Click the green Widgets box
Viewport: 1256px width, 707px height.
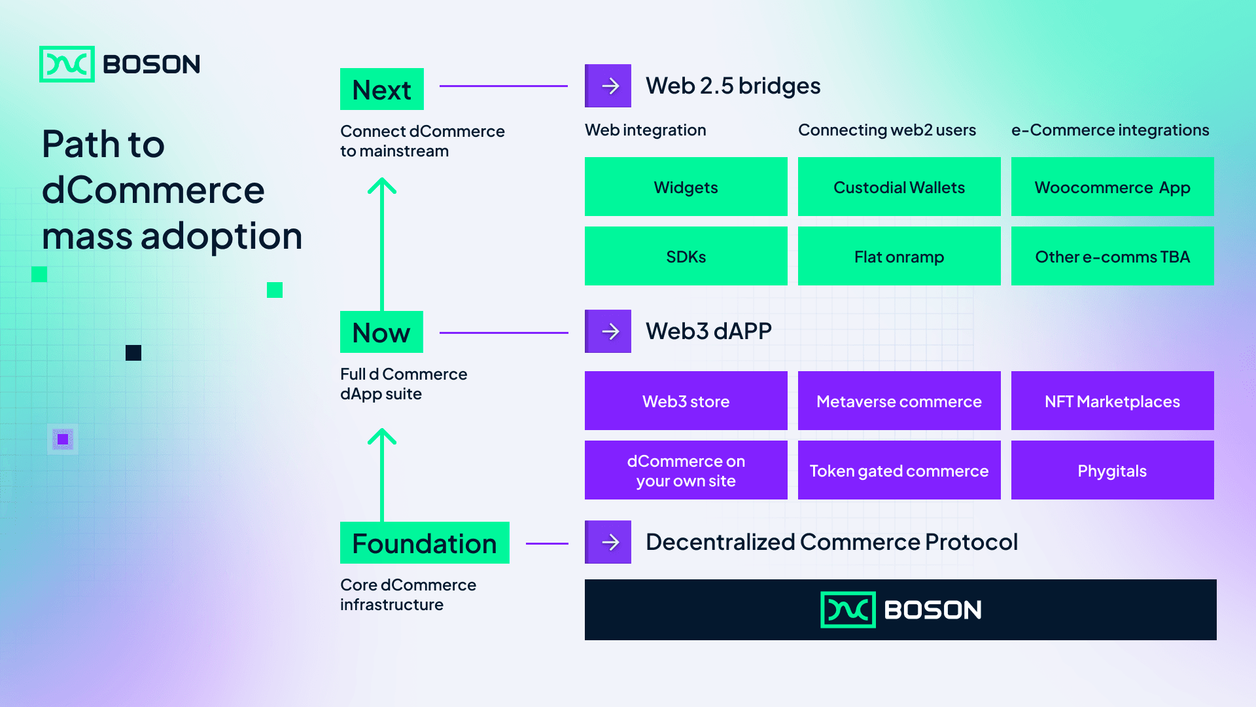click(686, 187)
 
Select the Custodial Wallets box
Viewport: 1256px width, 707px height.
click(899, 187)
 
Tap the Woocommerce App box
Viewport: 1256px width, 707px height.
click(1112, 187)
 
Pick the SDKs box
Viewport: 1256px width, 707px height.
click(686, 256)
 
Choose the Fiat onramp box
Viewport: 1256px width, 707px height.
click(899, 256)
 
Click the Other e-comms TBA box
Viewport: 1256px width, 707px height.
click(1112, 256)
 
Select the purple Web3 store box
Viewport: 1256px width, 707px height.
click(686, 401)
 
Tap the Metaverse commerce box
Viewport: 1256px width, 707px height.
click(899, 401)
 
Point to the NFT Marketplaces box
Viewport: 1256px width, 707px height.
click(1112, 401)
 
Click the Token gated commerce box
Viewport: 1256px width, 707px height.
click(899, 470)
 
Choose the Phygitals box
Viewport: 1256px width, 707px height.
click(1112, 470)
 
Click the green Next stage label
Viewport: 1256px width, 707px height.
click(382, 89)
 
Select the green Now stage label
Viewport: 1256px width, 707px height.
click(381, 332)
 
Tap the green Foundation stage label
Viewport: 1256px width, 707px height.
click(425, 543)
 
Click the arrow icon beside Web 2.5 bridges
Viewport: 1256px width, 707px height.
click(608, 86)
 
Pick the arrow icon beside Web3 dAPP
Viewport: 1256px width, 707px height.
click(608, 331)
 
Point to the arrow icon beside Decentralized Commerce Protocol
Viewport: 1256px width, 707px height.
click(608, 542)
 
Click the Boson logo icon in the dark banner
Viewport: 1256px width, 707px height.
click(848, 609)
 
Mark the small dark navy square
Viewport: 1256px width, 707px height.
click(133, 353)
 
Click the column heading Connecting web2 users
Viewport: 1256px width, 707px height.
click(887, 130)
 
